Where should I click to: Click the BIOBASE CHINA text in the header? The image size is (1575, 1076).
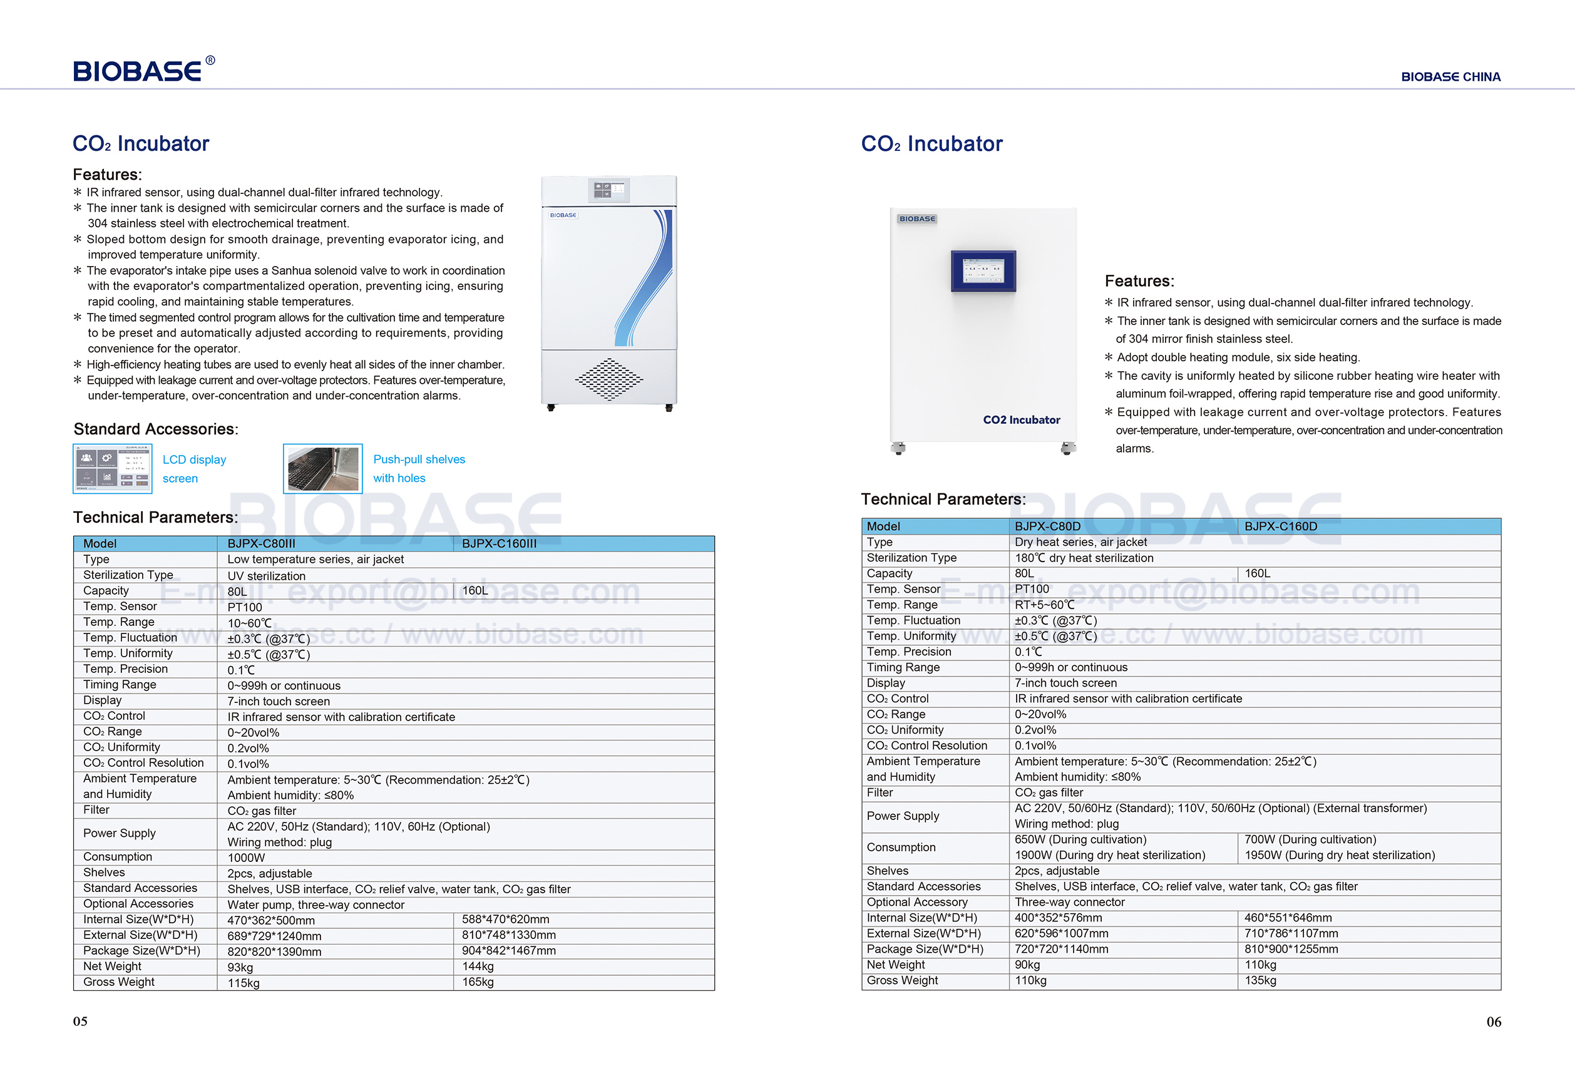[1450, 76]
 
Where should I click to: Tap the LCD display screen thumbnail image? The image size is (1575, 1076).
[113, 468]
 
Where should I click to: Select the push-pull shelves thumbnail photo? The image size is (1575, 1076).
[322, 468]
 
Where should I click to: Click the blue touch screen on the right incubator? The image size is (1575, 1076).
[983, 270]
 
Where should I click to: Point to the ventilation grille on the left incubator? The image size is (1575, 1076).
[608, 379]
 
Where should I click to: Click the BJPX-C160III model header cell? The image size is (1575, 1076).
[500, 543]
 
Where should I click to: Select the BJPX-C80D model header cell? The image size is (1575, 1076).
[1048, 526]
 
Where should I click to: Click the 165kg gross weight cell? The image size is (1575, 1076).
[478, 982]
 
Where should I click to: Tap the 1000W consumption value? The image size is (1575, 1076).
[246, 858]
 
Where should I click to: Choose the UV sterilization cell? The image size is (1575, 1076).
[266, 576]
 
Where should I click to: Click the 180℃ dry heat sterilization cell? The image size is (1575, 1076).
[1084, 558]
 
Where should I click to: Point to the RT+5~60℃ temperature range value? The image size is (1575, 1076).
[1044, 605]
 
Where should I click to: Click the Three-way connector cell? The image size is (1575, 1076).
[1069, 902]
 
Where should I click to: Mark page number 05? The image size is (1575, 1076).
[80, 1021]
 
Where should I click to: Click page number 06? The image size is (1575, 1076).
[1494, 1022]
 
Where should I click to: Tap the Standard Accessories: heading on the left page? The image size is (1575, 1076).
[156, 429]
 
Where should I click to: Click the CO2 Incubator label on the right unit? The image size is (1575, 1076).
[1022, 419]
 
